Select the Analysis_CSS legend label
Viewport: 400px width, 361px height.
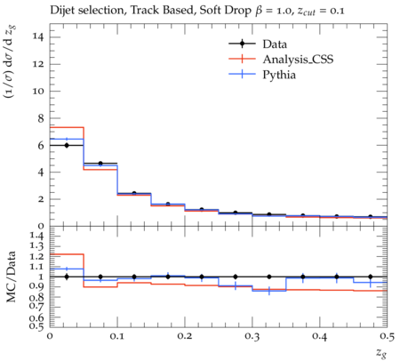tap(298, 60)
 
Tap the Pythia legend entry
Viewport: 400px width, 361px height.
tap(279, 75)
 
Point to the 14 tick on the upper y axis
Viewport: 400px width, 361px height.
tap(38, 37)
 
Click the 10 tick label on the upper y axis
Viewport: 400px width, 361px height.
tap(38, 91)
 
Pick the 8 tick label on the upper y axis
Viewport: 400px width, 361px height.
tap(41, 118)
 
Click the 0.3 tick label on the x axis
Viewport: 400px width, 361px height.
tap(252, 336)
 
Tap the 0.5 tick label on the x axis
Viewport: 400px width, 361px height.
tap(387, 336)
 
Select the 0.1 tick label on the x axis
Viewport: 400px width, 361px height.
tap(117, 336)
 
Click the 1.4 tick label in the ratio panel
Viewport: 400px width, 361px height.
tap(37, 237)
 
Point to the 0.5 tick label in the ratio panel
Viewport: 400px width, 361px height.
tap(37, 326)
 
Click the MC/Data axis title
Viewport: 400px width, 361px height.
tap(12, 277)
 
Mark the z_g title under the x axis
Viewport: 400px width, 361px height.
tap(382, 353)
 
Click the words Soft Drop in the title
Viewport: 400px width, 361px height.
tap(225, 11)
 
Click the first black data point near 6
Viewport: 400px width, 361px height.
tap(67, 145)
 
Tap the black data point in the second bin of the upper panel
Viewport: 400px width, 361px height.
tap(100, 164)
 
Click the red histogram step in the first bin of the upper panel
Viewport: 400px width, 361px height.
tap(67, 127)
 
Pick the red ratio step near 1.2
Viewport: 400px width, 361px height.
tap(67, 254)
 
